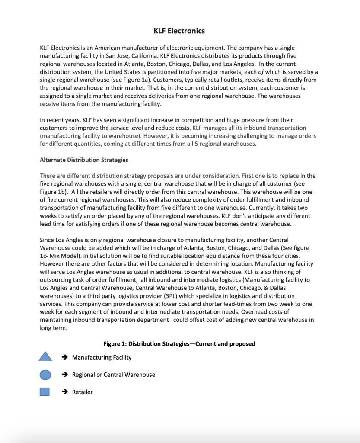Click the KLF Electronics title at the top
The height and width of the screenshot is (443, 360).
click(x=179, y=31)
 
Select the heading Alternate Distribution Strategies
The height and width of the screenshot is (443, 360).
click(x=84, y=160)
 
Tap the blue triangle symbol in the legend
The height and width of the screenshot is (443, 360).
click(x=45, y=357)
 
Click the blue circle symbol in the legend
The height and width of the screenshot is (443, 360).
click(x=45, y=375)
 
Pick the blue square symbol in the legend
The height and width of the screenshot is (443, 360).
click(x=45, y=392)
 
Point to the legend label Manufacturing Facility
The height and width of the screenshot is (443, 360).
click(x=102, y=357)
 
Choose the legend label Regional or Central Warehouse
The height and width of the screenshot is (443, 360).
click(x=113, y=375)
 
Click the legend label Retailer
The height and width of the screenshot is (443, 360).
click(x=82, y=392)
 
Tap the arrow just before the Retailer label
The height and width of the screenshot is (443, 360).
click(x=64, y=392)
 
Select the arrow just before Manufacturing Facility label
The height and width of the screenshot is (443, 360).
click(x=64, y=357)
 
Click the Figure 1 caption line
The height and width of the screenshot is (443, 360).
click(x=179, y=344)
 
